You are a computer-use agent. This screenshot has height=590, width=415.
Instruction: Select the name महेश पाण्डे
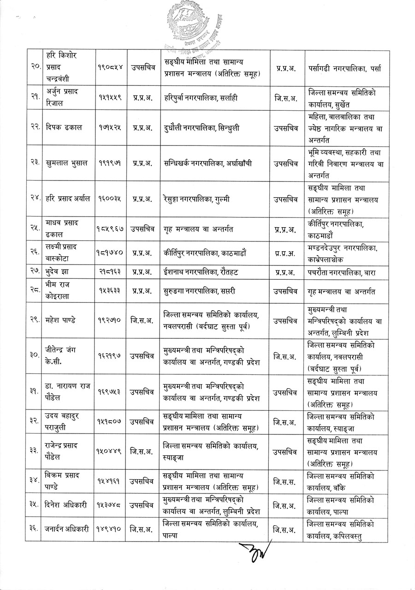63,320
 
